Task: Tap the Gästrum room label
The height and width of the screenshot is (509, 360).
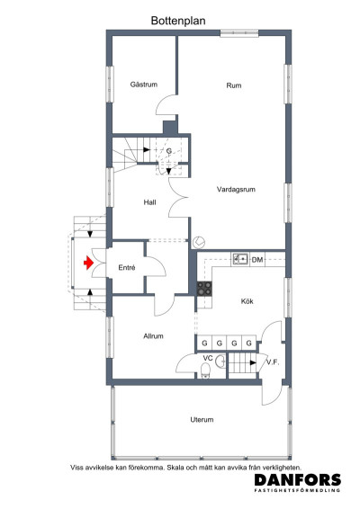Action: click(144, 85)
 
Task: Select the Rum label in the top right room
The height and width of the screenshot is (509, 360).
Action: click(234, 85)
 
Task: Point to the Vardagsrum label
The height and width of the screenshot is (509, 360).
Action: click(237, 190)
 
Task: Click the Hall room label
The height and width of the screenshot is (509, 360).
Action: click(150, 202)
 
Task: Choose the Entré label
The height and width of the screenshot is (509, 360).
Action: click(127, 267)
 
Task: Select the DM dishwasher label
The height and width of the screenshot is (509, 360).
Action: click(257, 260)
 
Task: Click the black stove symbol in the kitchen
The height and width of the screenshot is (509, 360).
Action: click(204, 289)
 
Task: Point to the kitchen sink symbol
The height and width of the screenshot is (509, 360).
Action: click(239, 259)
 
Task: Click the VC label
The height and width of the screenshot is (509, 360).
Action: click(207, 359)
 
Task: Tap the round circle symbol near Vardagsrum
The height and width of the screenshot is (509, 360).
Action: click(199, 241)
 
